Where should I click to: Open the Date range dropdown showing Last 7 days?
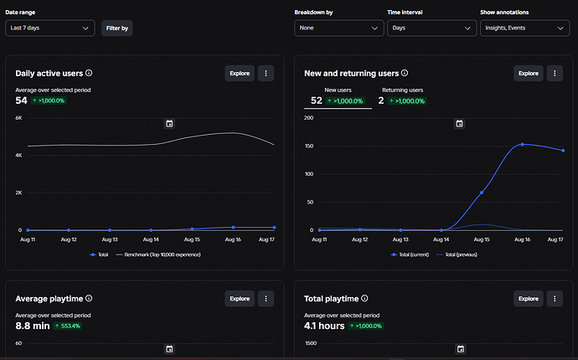pos(49,28)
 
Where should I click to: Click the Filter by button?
pos(116,28)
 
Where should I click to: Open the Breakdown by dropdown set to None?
pos(338,28)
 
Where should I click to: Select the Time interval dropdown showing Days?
pos(431,28)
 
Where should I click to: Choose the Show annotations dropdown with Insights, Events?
pos(524,28)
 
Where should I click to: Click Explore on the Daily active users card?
pos(240,74)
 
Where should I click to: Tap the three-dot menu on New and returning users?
pos(555,74)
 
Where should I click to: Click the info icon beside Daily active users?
pos(89,73)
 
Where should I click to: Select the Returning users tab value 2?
pos(381,100)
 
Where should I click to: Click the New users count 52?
pos(317,100)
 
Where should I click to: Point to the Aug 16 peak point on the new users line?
pos(523,145)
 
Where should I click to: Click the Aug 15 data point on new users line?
pos(482,193)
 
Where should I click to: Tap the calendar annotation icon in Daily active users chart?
pos(169,123)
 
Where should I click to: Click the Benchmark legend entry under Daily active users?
pos(158,255)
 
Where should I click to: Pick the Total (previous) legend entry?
pos(457,255)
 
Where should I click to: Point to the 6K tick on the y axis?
pos(18,118)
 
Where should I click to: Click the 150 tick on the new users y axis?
pos(309,146)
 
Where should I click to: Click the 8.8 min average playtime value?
pos(33,326)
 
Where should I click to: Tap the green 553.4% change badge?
pos(68,326)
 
